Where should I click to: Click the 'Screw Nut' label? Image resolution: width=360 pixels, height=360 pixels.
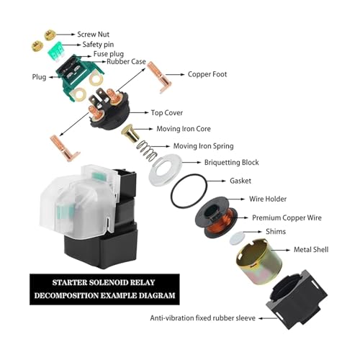click(x=93, y=35)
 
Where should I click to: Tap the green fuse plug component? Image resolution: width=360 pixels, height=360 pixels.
click(x=56, y=52)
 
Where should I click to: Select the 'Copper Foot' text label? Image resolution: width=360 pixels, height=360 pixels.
click(x=207, y=74)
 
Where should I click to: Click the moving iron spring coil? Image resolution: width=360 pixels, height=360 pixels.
click(x=146, y=150)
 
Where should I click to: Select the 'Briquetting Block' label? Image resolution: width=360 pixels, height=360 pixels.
click(x=231, y=163)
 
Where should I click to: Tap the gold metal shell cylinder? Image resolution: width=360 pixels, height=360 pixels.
click(x=259, y=261)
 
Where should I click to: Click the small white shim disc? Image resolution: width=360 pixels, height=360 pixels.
click(x=237, y=238)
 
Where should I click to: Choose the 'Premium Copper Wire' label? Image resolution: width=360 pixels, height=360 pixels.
click(x=287, y=217)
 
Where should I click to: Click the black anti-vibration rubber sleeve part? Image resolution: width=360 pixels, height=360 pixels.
click(x=297, y=299)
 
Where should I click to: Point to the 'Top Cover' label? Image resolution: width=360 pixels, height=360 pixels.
click(x=167, y=113)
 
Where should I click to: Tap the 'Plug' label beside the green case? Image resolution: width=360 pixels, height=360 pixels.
click(x=39, y=77)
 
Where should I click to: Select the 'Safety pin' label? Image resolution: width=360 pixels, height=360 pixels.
click(x=98, y=45)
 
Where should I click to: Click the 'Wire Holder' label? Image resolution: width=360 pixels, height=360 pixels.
click(x=268, y=199)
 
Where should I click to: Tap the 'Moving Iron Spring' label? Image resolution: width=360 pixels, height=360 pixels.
click(x=203, y=146)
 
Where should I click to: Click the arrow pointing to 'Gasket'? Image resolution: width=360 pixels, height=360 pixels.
click(x=216, y=181)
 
